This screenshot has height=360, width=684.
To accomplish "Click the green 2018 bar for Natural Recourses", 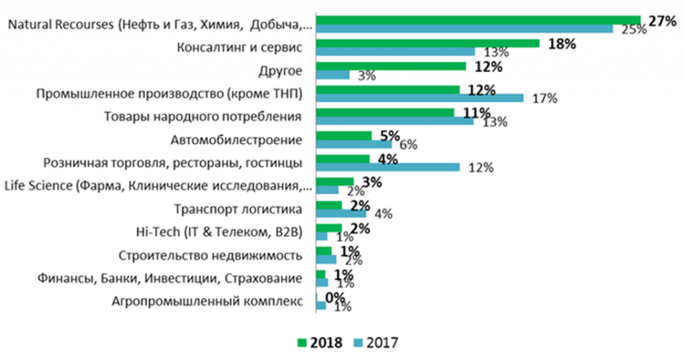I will (x=478, y=20).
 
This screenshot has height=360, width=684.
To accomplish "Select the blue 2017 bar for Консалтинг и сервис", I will (x=395, y=51).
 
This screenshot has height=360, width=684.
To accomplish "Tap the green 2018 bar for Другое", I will (x=390, y=66).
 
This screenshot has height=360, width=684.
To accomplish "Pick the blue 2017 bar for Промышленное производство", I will (x=419, y=98).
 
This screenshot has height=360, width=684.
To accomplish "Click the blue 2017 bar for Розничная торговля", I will (x=387, y=167).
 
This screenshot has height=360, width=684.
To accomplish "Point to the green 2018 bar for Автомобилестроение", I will (x=343, y=136).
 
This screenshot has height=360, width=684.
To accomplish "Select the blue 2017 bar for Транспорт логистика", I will (x=341, y=213).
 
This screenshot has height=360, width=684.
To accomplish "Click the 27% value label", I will (x=659, y=21).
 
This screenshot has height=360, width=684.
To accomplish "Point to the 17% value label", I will (x=544, y=99).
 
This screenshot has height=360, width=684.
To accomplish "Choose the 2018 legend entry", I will (x=319, y=343).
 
